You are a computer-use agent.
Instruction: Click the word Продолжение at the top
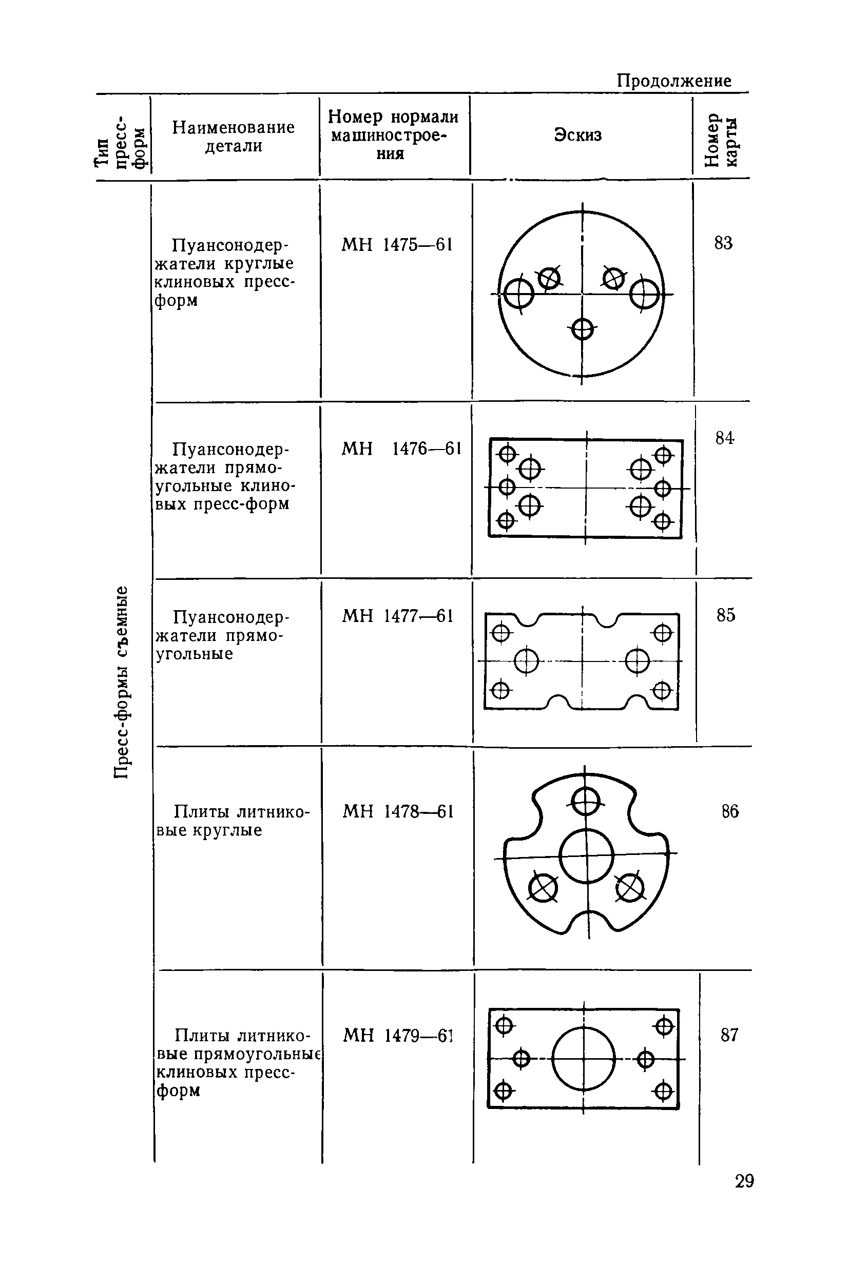[x=673, y=81]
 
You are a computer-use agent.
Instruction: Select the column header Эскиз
[x=578, y=135]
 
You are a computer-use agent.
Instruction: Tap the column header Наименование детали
[x=234, y=137]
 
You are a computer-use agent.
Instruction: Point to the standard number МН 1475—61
[x=396, y=245]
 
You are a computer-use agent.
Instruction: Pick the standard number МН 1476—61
[x=401, y=449]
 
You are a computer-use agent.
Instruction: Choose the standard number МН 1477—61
[x=397, y=616]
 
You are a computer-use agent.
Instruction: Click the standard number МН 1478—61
[x=398, y=811]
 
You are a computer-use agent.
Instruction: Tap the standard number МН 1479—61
[x=397, y=1036]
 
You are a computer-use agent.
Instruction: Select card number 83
[x=723, y=244]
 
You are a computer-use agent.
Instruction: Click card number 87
[x=729, y=1035]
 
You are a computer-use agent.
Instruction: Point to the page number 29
[x=744, y=1180]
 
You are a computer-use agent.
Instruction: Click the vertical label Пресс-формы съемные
[x=122, y=682]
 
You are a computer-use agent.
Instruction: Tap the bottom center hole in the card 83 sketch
[x=582, y=328]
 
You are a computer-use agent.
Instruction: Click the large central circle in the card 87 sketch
[x=584, y=1059]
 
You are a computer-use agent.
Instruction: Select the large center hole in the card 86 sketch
[x=586, y=856]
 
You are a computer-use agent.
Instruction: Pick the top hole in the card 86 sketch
[x=585, y=801]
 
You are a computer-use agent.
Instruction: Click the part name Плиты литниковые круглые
[x=233, y=821]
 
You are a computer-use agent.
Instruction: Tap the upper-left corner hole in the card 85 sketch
[x=501, y=632]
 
